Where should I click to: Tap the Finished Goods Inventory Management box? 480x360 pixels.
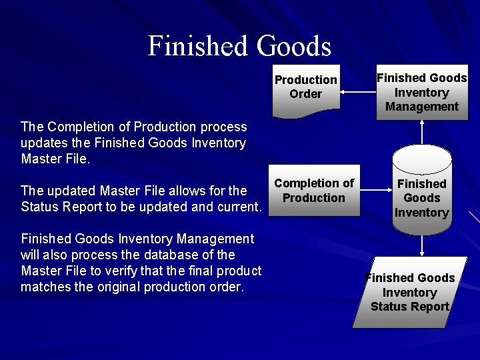421,93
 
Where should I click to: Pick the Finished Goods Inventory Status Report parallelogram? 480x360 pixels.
410,293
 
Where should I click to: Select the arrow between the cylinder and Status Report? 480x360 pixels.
421,245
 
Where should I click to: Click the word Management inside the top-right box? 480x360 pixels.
422,107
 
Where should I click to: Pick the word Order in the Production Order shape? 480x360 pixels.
305,94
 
